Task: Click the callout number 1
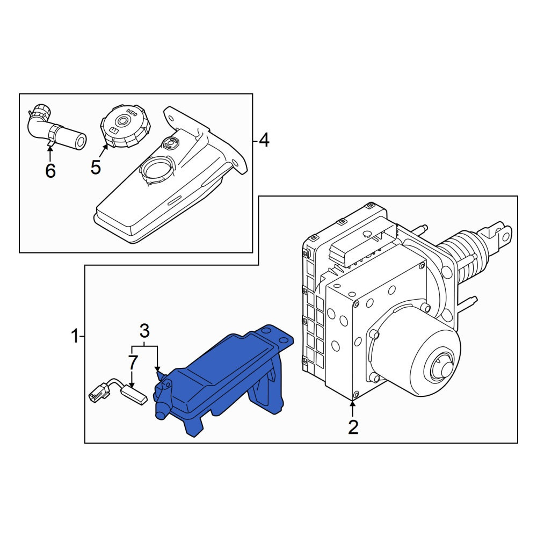pos(75,337)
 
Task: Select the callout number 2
pos(353,427)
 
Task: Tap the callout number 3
pos(144,331)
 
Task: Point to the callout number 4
pos(264,140)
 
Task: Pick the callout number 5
pos(96,167)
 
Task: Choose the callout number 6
pos(50,170)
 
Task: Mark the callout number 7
pos(133,362)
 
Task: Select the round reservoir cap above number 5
pos(125,126)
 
